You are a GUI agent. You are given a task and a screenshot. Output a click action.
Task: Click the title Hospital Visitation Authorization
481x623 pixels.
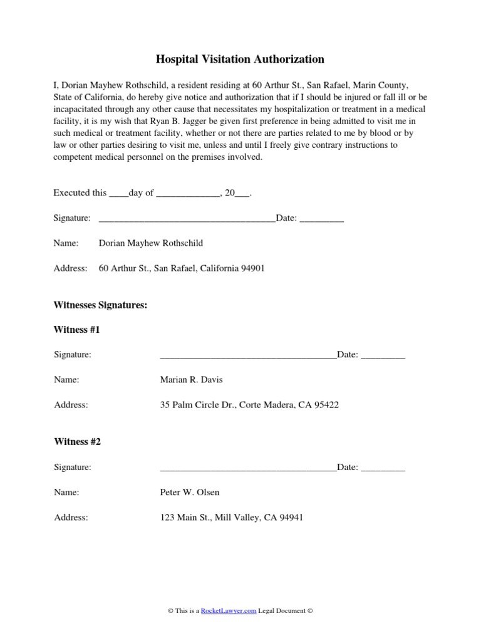tap(240, 60)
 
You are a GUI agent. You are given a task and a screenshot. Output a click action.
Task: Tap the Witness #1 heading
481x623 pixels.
tap(77, 330)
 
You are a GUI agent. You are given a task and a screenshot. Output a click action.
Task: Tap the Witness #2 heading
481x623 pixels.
tap(77, 442)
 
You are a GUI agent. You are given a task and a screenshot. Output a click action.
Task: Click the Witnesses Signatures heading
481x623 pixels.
tap(100, 305)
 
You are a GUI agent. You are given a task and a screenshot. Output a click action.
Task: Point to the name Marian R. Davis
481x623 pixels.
tap(191, 380)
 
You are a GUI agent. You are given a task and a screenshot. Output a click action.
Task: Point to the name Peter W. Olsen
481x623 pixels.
tap(190, 493)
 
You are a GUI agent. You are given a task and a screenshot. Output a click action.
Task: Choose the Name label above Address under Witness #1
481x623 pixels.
tap(66, 380)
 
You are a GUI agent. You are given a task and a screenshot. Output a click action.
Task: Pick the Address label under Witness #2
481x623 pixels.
tap(71, 518)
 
